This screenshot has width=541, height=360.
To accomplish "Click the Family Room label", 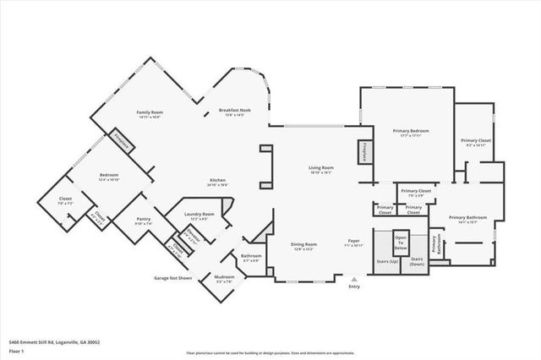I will pos(150,114).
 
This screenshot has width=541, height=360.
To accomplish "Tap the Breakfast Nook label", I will pos(234,112).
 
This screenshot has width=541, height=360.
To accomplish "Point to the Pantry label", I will pos(143,221).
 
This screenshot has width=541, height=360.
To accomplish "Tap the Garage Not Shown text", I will pos(172,277).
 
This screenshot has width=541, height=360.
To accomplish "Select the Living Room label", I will pos(320,170).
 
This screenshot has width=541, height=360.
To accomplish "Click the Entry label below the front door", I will pos(353,287).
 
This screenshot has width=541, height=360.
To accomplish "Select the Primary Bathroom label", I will pos(463,219).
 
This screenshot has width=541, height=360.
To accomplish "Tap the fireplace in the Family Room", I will pos(123,142).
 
